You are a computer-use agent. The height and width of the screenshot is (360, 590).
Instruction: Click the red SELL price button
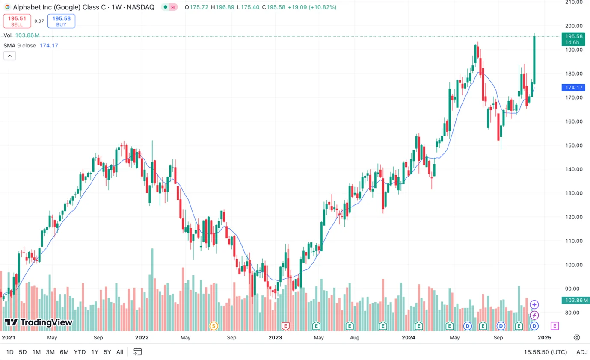(x=17, y=21)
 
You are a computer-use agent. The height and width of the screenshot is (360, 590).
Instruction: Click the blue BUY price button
(x=61, y=21)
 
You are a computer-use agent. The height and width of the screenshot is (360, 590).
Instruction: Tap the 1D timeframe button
(x=9, y=352)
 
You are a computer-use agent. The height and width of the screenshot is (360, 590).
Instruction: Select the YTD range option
(x=80, y=352)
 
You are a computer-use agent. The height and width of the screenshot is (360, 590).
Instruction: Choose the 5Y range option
(x=107, y=352)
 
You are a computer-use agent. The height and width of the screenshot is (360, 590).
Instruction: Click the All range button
(x=120, y=352)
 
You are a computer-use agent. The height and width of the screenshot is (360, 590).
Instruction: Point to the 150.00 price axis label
(x=574, y=145)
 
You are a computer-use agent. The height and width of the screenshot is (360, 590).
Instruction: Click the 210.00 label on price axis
(x=574, y=2)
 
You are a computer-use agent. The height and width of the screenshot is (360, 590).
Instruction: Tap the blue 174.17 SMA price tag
(x=573, y=87)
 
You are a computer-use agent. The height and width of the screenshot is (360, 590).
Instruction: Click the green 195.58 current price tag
(x=573, y=39)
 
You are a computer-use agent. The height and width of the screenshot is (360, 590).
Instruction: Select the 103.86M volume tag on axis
(x=575, y=300)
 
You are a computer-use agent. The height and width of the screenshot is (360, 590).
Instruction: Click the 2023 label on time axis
(x=275, y=337)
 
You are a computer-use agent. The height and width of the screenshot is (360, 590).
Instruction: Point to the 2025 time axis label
(x=544, y=337)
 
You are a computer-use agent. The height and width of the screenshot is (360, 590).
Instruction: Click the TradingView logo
(x=39, y=322)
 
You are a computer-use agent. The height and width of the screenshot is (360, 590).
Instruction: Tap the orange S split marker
(x=213, y=326)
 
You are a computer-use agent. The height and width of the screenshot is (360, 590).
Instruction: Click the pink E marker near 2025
(x=554, y=326)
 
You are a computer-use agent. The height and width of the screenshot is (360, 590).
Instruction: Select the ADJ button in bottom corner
(x=582, y=352)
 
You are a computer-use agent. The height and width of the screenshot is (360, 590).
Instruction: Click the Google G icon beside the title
(x=7, y=7)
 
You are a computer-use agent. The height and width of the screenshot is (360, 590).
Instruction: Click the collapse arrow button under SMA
(x=9, y=56)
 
